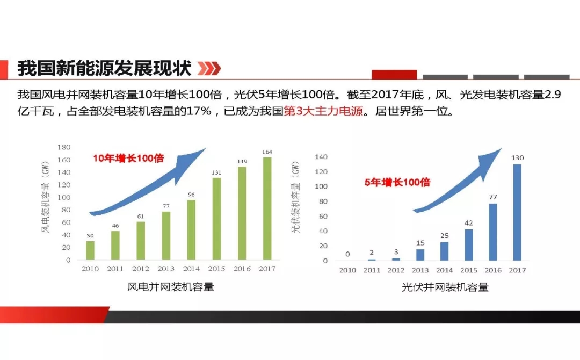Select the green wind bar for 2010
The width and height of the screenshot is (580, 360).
tap(90, 250)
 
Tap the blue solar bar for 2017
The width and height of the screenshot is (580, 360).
tap(517, 212)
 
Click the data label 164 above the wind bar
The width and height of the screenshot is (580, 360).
tap(267, 152)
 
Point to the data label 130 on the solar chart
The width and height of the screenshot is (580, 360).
tap(517, 157)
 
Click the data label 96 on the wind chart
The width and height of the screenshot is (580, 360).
tap(191, 195)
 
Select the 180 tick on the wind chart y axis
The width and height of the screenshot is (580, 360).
tap(64, 147)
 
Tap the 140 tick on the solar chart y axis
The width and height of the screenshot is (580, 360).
tap(321, 157)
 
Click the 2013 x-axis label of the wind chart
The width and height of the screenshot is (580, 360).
tap(166, 269)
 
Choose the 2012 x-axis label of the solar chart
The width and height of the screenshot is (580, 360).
tap(396, 270)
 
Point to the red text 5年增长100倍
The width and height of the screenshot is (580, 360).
tap(397, 182)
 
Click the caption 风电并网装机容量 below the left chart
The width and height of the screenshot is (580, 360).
tap(171, 287)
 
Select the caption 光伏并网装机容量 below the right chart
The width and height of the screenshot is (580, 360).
tap(445, 287)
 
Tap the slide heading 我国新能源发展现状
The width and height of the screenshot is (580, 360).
tap(104, 68)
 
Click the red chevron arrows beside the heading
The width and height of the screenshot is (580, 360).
tap(209, 69)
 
